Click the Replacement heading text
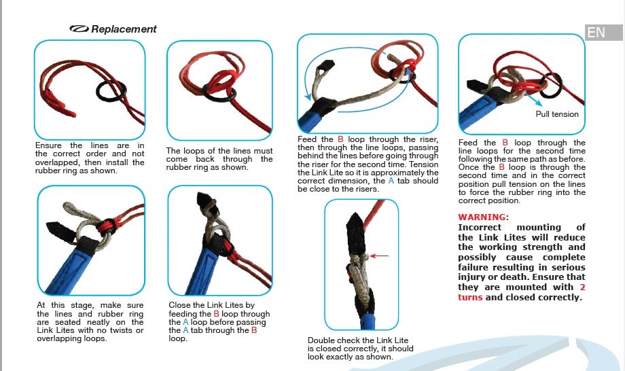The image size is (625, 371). (x=124, y=29)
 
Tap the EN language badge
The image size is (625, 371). (x=596, y=33)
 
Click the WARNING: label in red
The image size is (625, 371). (x=483, y=217)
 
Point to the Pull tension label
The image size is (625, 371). (x=557, y=114)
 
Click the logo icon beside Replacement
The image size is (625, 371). (x=79, y=29)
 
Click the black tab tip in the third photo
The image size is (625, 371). (x=327, y=66)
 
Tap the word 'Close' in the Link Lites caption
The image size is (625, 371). (x=181, y=306)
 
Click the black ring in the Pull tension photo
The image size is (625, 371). (x=551, y=84)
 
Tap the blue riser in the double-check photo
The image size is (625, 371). (x=368, y=319)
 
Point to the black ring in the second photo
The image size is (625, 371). (x=218, y=89)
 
